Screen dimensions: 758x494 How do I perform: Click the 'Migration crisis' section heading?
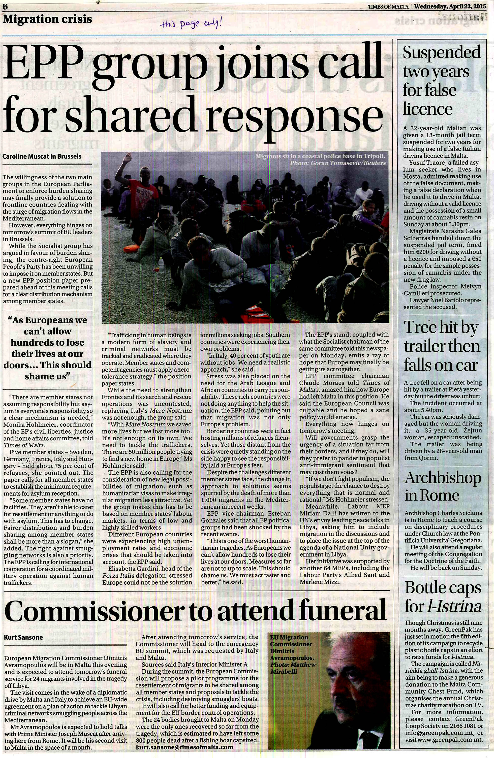[x=47, y=19]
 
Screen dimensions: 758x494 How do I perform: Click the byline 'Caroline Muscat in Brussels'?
[x=42, y=156]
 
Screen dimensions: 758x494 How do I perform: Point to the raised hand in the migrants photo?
[x=128, y=158]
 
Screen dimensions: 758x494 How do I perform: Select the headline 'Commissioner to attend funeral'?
[x=195, y=611]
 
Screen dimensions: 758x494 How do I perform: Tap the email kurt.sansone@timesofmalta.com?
[x=184, y=747]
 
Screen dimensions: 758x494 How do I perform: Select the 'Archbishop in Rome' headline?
[x=442, y=486]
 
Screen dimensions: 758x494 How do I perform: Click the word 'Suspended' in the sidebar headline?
[x=441, y=52]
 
